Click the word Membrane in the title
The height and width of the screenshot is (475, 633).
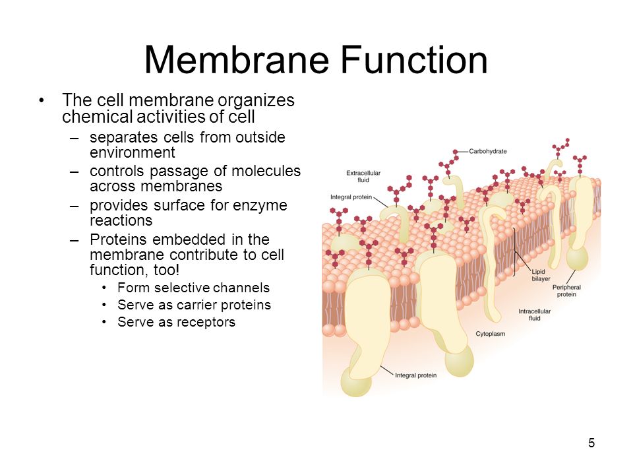pos(237,60)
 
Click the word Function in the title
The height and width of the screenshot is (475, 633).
pos(415,60)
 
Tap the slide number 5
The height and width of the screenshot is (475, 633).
pos(591,443)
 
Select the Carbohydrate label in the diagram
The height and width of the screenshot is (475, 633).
pos(488,151)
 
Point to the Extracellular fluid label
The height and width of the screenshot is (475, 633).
pos(363,177)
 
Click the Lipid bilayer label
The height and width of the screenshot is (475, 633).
pos(541,275)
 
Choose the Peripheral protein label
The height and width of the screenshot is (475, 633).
pos(566,291)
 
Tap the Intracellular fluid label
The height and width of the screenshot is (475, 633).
pos(535,315)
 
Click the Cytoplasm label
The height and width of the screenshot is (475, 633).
pos(490,334)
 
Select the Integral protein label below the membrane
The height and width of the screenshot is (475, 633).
pos(416,375)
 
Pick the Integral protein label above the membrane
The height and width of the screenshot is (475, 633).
pos(351,197)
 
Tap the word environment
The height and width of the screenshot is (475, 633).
pos(133,152)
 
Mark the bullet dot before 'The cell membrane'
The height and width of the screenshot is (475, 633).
pos(41,100)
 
